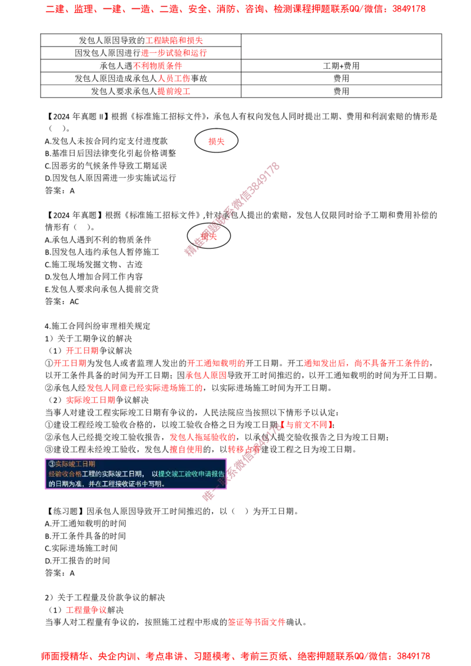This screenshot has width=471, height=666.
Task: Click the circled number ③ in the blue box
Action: click(x=51, y=464)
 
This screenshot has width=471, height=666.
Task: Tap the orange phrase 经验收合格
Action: click(x=65, y=474)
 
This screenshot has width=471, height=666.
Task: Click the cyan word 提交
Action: click(x=164, y=474)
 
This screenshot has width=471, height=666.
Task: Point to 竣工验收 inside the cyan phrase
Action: click(x=184, y=474)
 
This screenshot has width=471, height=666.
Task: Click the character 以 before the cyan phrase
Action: click(x=155, y=474)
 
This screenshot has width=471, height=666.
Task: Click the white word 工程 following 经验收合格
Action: click(x=88, y=474)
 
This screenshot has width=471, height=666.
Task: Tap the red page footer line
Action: click(x=235, y=655)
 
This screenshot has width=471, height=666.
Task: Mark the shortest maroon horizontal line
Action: click(x=224, y=54)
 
